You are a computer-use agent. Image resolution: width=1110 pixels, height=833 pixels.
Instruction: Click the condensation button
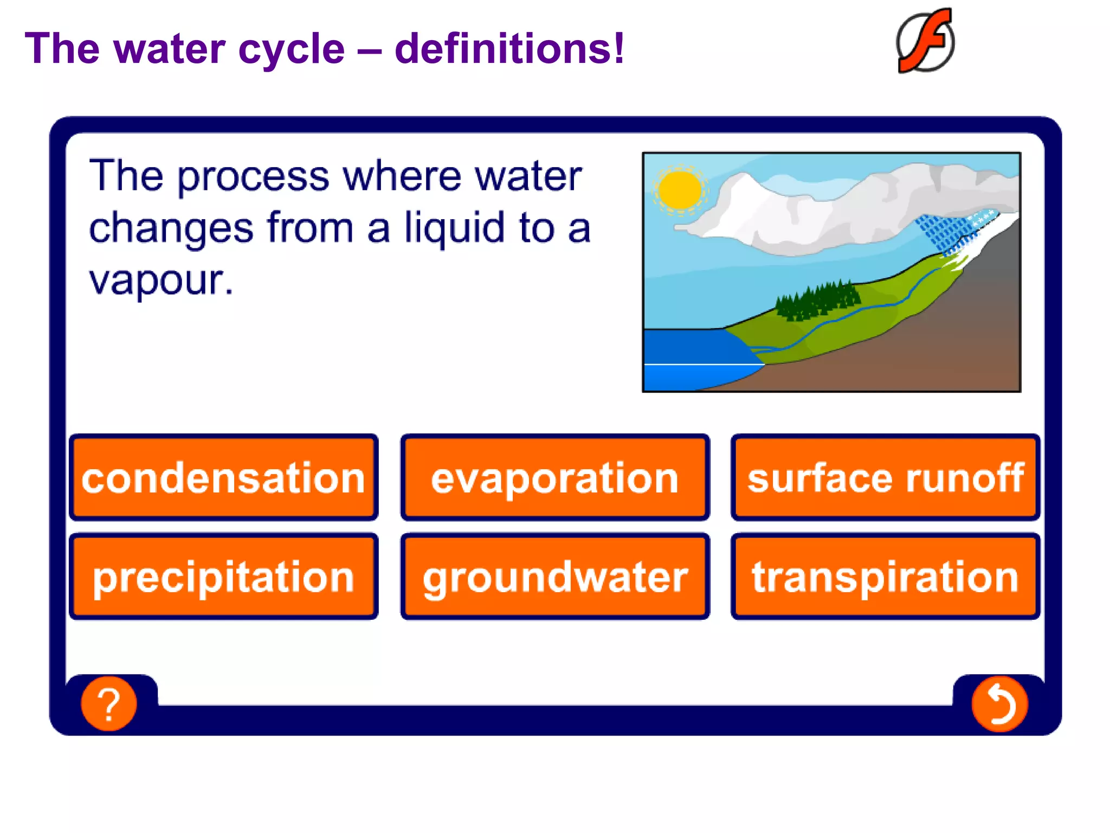click(x=223, y=478)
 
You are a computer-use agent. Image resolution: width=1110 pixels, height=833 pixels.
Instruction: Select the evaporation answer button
click(x=554, y=478)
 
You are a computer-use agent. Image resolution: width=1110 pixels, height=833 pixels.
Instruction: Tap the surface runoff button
click(x=885, y=478)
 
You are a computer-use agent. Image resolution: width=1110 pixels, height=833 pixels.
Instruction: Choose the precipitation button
click(x=223, y=576)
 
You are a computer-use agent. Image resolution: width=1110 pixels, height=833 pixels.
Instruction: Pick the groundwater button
click(x=554, y=576)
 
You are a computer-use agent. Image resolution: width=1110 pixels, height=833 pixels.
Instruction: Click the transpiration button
click(x=885, y=576)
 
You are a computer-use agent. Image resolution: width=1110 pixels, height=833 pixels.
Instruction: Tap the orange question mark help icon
click(x=109, y=703)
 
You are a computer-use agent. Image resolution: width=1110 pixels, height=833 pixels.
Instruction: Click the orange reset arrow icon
click(x=999, y=704)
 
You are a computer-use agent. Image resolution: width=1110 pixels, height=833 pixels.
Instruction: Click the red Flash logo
click(x=926, y=41)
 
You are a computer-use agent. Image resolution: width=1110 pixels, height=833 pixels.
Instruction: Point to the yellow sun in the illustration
click(x=679, y=190)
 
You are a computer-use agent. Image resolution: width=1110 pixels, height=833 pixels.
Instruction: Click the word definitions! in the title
click(x=509, y=49)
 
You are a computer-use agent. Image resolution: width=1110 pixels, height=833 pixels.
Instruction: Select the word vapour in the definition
click(x=161, y=280)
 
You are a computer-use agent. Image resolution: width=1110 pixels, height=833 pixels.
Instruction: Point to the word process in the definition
click(x=253, y=176)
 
